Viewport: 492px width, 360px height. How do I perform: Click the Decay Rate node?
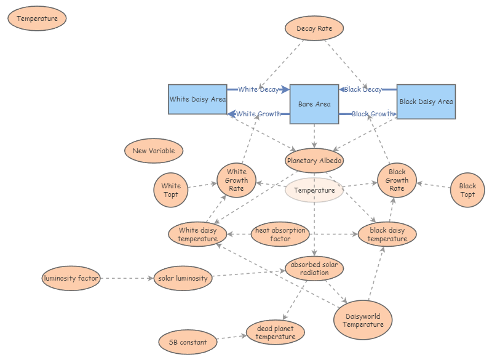[314, 29]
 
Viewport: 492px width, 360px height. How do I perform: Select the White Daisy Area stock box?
[197, 100]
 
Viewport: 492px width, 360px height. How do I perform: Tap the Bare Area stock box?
[314, 104]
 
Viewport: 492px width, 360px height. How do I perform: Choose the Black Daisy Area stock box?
[426, 102]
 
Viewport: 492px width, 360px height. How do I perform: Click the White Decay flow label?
[258, 89]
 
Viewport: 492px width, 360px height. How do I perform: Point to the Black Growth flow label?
[372, 114]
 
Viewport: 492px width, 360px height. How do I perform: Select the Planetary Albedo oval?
[314, 161]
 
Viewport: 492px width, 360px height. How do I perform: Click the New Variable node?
[154, 151]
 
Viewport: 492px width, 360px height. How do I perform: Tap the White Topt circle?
[171, 190]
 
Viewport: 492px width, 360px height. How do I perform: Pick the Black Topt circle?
[467, 190]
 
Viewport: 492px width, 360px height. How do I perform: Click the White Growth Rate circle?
[236, 180]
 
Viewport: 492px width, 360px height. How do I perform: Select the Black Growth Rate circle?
[397, 180]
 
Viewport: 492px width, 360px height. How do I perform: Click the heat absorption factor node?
[280, 234]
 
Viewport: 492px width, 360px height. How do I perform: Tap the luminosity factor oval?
[71, 278]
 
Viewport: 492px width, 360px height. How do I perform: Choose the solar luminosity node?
[183, 278]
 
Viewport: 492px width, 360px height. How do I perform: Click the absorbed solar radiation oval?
[314, 269]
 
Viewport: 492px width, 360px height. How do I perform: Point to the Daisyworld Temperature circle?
[363, 320]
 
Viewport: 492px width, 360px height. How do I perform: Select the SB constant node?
[188, 342]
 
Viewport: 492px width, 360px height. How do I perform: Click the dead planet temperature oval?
[276, 333]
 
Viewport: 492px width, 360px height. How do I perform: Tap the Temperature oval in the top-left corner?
[38, 18]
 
